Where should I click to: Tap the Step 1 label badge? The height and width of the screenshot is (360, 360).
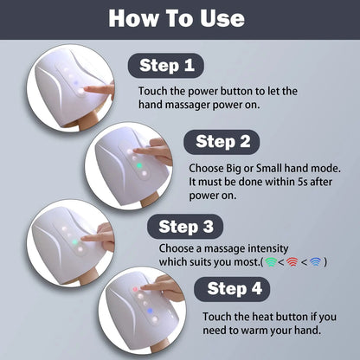click(x=165, y=67)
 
